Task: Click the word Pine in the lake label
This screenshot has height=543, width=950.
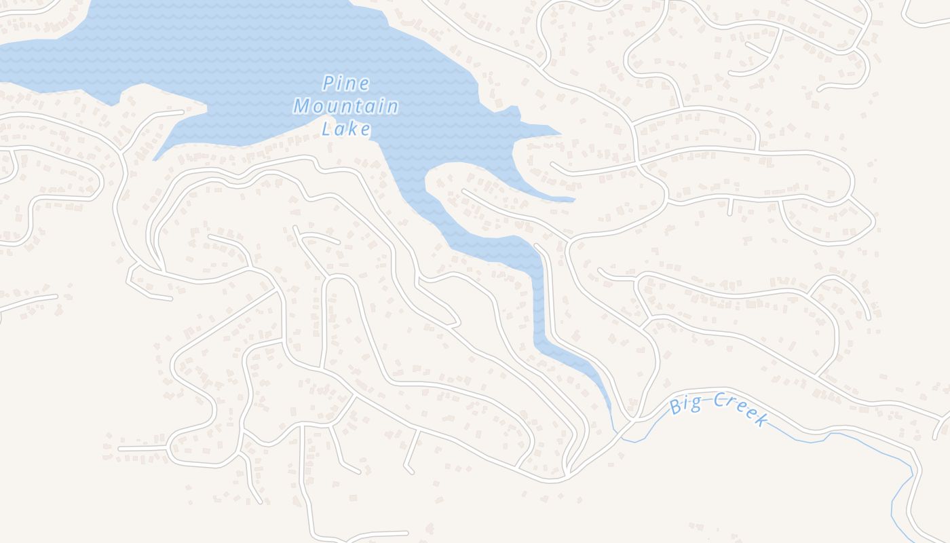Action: pos(346,84)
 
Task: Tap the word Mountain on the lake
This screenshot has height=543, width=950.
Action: pos(345,107)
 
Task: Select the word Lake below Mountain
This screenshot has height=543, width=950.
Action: pos(346,128)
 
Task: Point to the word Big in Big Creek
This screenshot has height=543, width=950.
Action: pos(685,405)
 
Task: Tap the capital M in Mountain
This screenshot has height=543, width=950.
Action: pos(301,107)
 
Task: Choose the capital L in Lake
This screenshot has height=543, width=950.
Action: pos(327,128)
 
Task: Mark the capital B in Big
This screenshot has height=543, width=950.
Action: pos(675,407)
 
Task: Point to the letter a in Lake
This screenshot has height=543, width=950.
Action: pos(341,129)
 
